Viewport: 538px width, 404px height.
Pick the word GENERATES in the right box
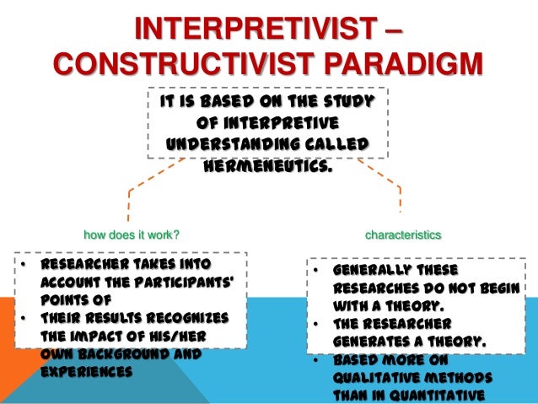(x=369, y=342)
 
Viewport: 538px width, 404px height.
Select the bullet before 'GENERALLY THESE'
(x=313, y=272)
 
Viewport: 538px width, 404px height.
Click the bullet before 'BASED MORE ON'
(x=313, y=361)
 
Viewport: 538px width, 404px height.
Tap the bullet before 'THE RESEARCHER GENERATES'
(x=313, y=325)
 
